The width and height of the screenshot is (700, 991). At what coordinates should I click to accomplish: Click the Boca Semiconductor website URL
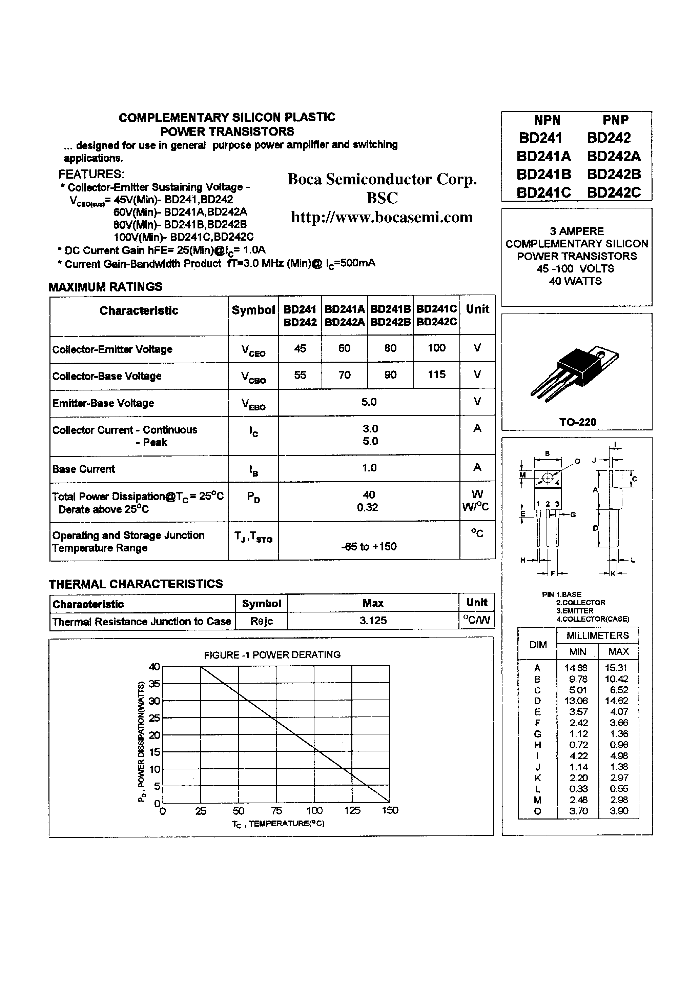pyautogui.click(x=382, y=217)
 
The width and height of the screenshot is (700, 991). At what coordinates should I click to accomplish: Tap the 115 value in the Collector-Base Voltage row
pyautogui.click(x=436, y=375)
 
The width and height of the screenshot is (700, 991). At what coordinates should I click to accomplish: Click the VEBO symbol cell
pyautogui.click(x=253, y=404)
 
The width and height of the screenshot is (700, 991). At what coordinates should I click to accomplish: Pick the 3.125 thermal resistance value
pyautogui.click(x=373, y=621)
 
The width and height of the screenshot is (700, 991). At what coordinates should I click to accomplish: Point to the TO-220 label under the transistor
pyautogui.click(x=577, y=422)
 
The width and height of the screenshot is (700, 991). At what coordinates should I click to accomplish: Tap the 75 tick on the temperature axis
pyautogui.click(x=276, y=811)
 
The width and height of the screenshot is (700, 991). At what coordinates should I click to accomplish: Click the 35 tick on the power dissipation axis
pyautogui.click(x=155, y=684)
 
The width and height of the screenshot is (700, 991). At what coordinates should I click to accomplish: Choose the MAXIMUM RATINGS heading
pyautogui.click(x=105, y=287)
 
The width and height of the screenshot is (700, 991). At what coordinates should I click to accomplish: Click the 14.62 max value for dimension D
pyautogui.click(x=616, y=701)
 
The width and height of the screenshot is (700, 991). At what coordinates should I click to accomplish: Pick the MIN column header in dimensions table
pyautogui.click(x=577, y=652)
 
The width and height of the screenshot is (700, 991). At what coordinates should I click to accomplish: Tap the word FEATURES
pyautogui.click(x=91, y=175)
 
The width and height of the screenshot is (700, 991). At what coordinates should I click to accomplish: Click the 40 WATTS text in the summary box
pyautogui.click(x=575, y=281)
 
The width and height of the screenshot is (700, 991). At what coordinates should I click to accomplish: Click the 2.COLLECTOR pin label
pyautogui.click(x=580, y=603)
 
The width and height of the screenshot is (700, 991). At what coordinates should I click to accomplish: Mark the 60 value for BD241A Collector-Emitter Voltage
pyautogui.click(x=344, y=348)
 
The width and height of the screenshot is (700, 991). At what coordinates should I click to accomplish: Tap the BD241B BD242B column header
pyautogui.click(x=390, y=316)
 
